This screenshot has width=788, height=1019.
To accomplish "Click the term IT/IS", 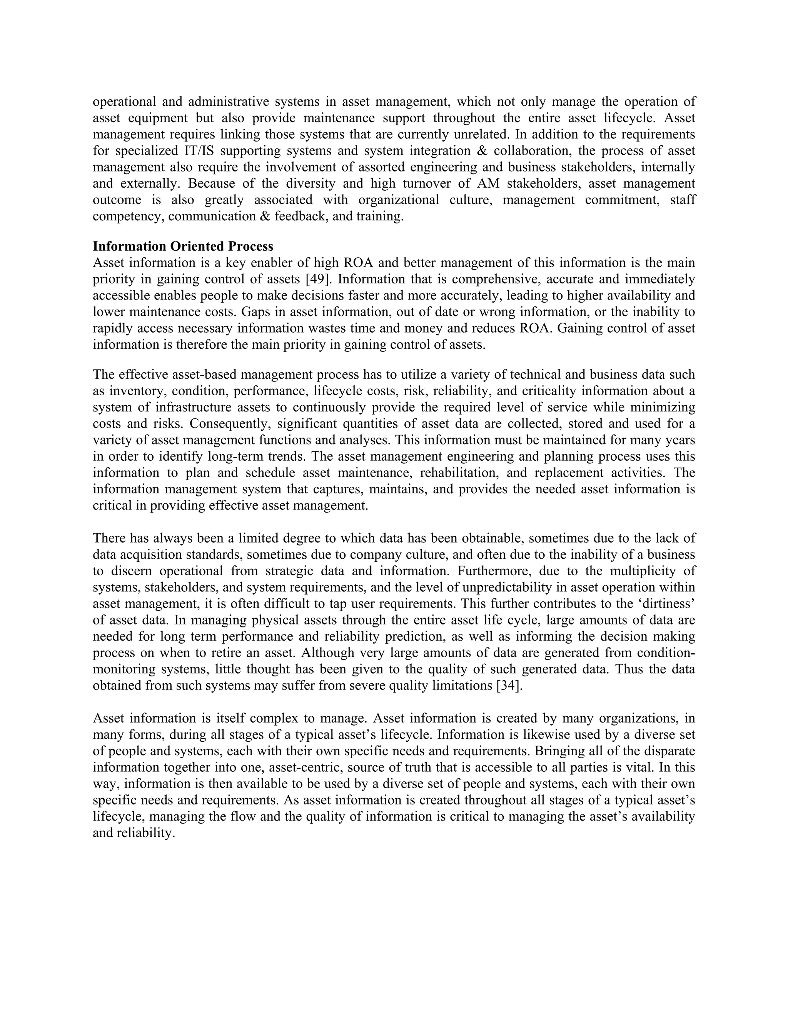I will [x=197, y=151].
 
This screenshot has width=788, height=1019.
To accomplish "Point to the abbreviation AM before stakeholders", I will [x=488, y=183].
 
